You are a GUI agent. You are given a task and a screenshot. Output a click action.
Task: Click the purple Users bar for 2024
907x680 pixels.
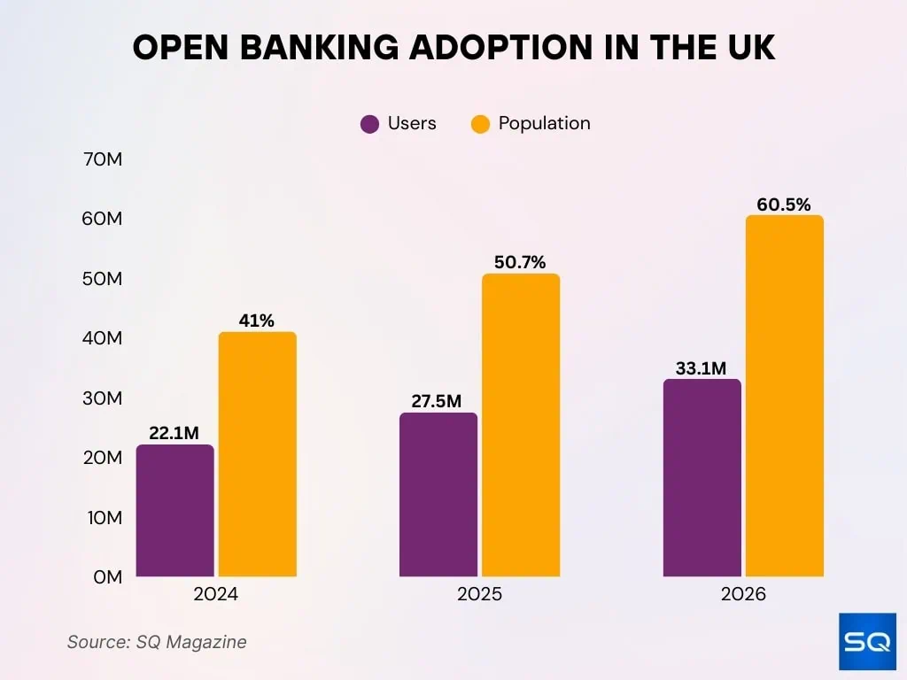[174, 511]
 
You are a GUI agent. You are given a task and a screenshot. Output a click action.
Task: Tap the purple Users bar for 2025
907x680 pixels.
[438, 495]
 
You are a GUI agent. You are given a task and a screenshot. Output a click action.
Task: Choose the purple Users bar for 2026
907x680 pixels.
[702, 478]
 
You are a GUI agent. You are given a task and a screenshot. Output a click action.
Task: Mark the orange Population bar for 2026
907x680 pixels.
[784, 396]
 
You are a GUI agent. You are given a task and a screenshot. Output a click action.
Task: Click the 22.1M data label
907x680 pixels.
[174, 432]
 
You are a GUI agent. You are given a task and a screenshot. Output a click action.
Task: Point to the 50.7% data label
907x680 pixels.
[520, 262]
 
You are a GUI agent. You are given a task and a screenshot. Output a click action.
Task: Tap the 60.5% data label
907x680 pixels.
[783, 205]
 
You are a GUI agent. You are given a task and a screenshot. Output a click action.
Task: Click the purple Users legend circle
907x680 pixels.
[370, 124]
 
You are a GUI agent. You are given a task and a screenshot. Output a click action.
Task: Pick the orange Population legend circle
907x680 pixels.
[480, 124]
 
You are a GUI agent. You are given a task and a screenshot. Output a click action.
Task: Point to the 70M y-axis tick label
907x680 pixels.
[100, 160]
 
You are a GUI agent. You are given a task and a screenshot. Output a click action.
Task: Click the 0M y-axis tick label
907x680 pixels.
[105, 577]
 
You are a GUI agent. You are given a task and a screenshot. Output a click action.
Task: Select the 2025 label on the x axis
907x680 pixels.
[479, 594]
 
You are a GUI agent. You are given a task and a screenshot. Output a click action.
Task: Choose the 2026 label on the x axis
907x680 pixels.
[743, 594]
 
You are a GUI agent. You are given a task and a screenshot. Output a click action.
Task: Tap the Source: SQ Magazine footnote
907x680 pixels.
[157, 642]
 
